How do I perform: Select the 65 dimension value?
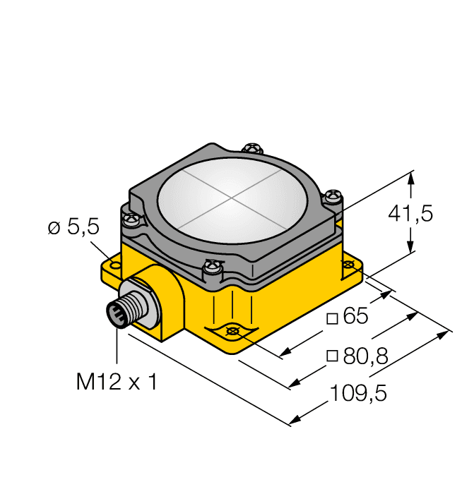click(355, 317)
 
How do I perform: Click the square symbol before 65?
click(331, 318)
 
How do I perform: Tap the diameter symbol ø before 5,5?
click(53, 228)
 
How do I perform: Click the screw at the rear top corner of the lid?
click(251, 148)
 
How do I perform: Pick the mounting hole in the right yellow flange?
click(348, 264)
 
